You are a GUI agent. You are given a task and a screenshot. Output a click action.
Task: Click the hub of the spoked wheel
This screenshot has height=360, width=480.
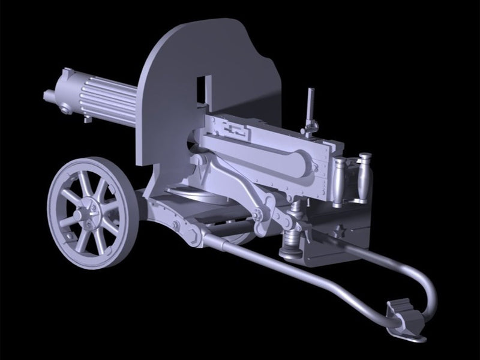click(80, 211)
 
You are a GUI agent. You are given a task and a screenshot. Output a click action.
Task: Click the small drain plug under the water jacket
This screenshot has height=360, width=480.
click(88, 119)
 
